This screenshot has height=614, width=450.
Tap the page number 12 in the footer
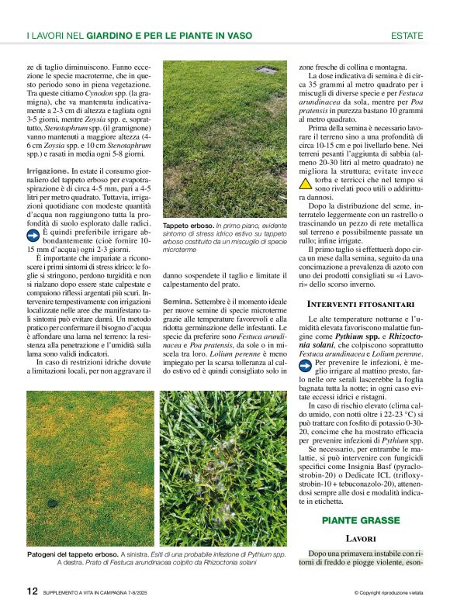[32, 591]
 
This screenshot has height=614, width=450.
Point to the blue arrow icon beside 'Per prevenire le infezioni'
[306, 364]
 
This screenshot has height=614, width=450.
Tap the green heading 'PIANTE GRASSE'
[361, 520]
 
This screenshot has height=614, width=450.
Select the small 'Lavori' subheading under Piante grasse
[361, 537]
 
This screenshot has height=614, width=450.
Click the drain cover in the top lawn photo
[266, 70]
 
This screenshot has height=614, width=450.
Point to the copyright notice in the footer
[387, 592]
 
